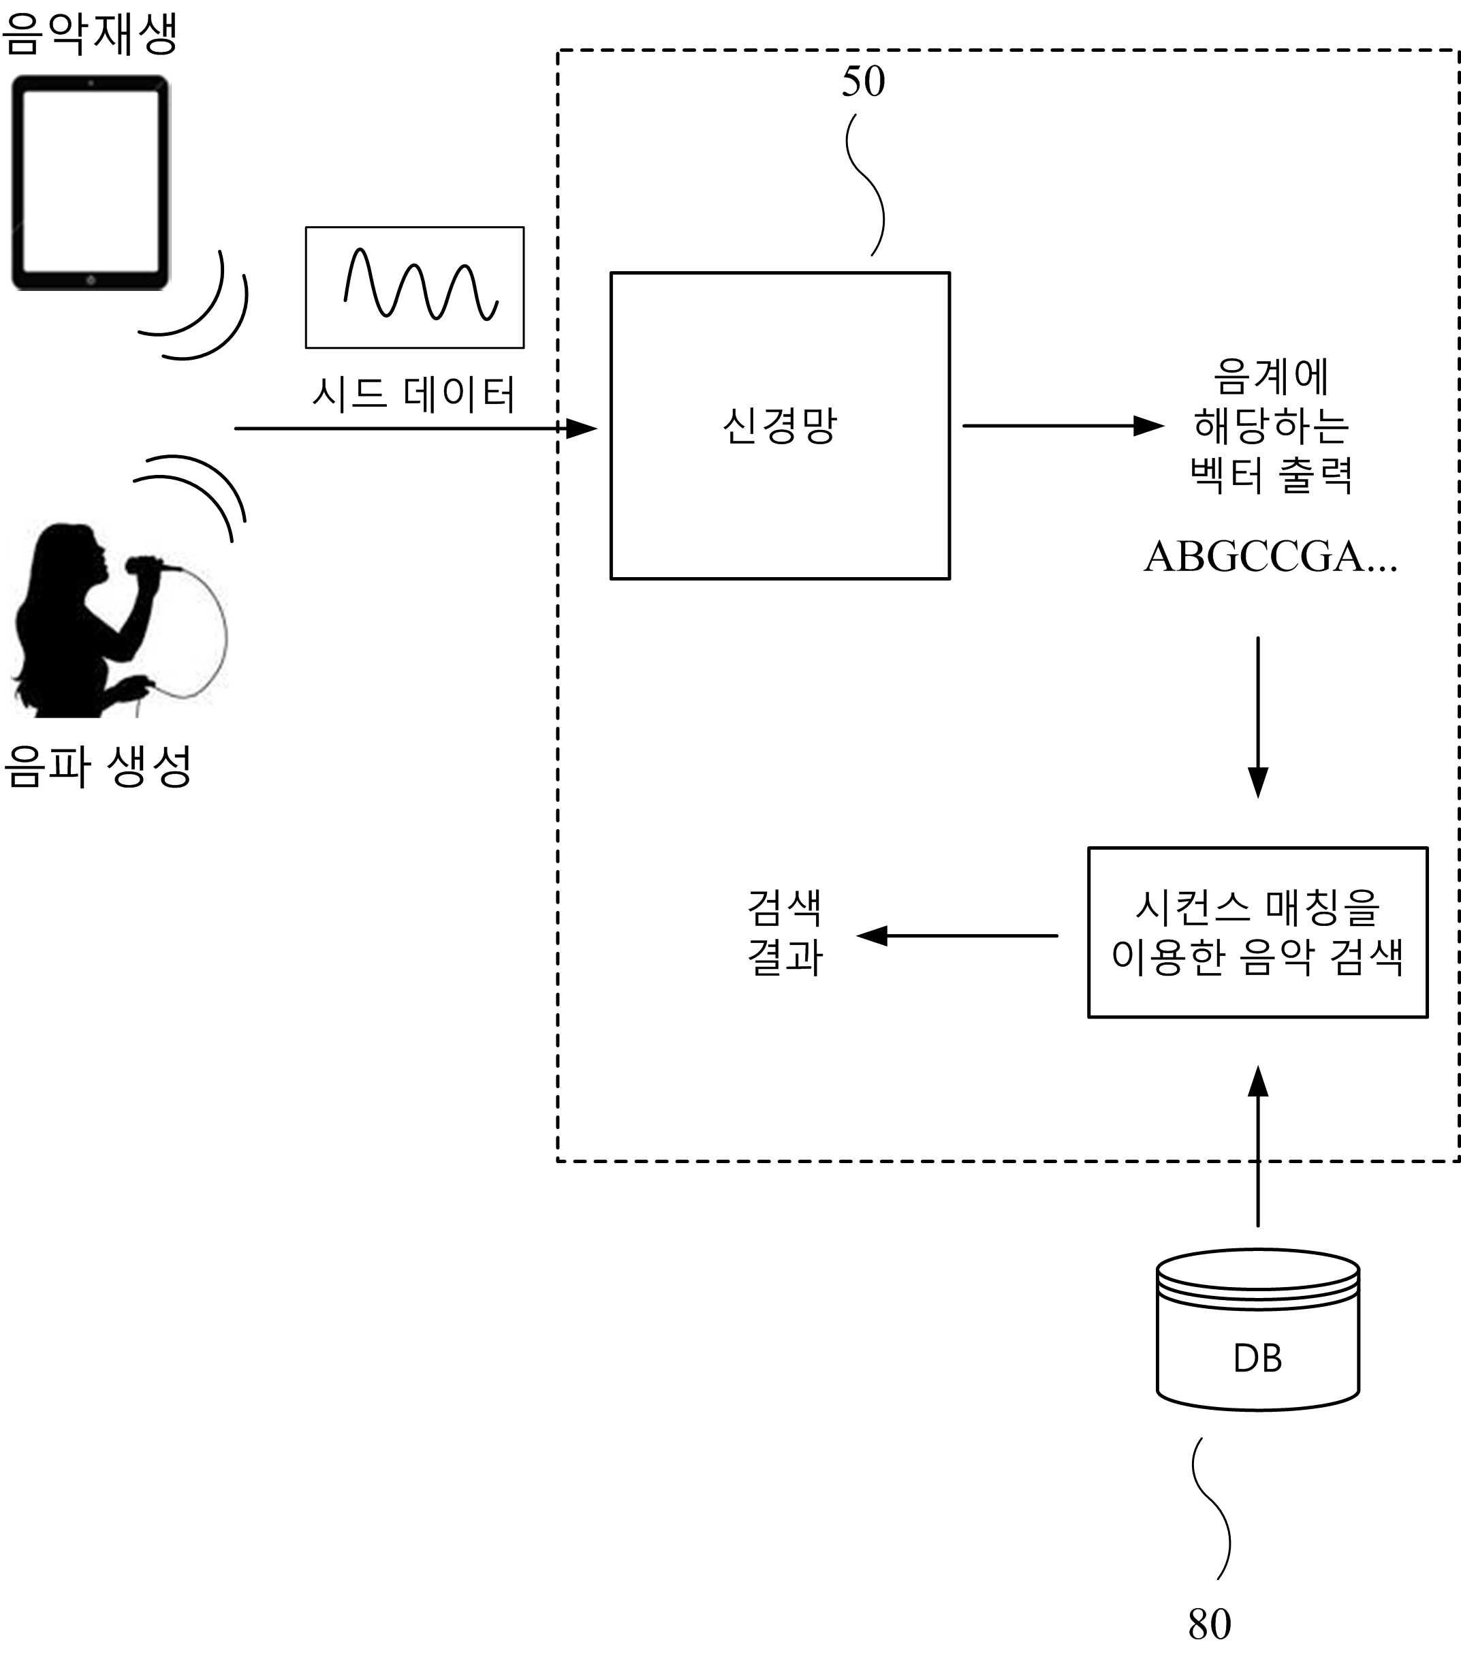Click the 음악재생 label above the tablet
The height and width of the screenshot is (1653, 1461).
(x=89, y=34)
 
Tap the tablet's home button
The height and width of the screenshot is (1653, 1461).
(x=91, y=280)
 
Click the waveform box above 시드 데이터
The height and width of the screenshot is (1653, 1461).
(x=414, y=287)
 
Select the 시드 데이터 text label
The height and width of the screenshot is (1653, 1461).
(x=413, y=394)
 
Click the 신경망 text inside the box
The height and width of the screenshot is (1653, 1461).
(x=779, y=425)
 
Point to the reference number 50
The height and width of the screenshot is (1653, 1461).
(x=863, y=82)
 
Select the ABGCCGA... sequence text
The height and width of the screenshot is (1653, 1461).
(x=1270, y=557)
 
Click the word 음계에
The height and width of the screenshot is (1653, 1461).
(x=1271, y=377)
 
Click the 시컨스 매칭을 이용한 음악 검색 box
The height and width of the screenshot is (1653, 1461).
(x=1257, y=931)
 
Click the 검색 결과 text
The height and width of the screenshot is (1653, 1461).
(x=783, y=932)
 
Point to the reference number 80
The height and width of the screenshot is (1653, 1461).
(x=1209, y=1624)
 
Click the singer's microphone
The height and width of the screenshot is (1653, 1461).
(x=146, y=564)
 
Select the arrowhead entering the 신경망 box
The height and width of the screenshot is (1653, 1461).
(x=580, y=428)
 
